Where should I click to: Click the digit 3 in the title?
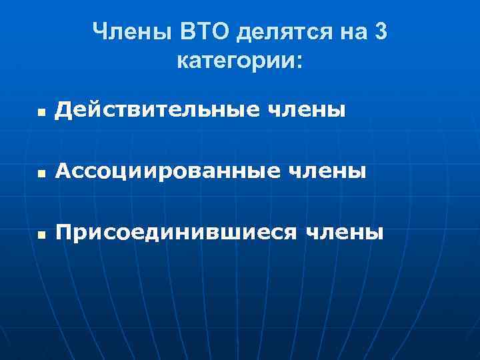tap(380, 31)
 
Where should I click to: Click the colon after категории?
tap(297, 64)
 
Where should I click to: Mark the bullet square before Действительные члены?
tap(42, 113)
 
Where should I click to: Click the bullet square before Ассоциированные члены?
tap(42, 174)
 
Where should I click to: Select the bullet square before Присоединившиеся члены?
tap(42, 235)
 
